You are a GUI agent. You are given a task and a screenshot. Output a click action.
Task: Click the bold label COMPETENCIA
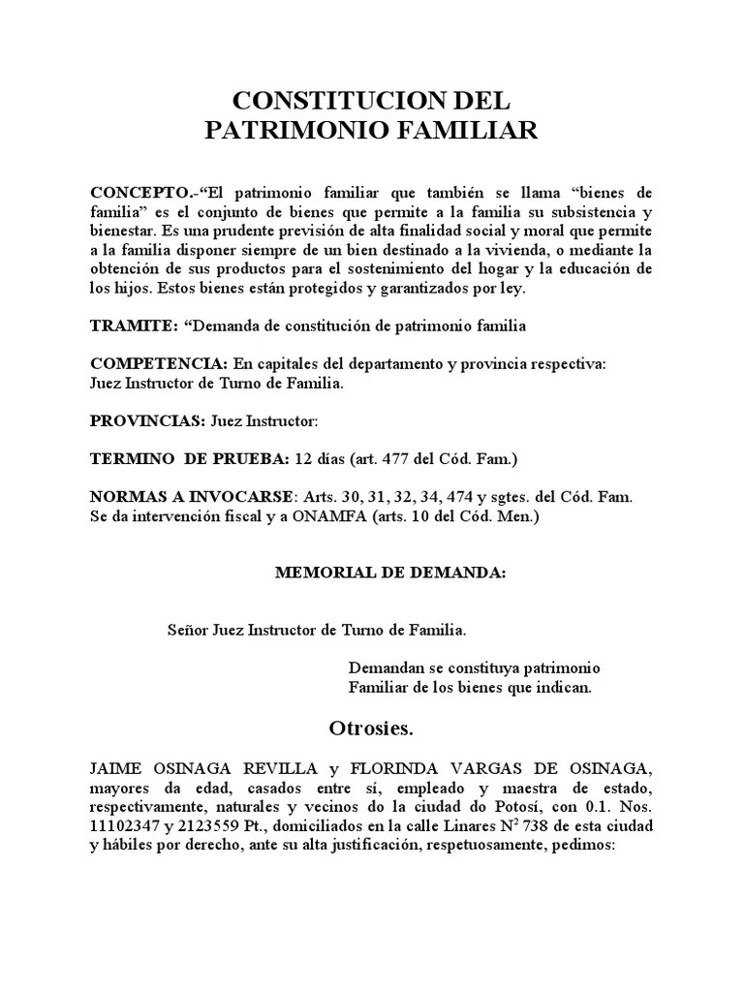(159, 363)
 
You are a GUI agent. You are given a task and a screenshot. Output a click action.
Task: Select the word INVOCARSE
(246, 496)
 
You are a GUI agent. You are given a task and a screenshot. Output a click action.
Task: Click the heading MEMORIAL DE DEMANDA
(390, 573)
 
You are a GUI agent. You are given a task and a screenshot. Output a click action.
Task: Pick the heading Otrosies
(372, 727)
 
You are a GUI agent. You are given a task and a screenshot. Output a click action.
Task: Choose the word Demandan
(385, 668)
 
